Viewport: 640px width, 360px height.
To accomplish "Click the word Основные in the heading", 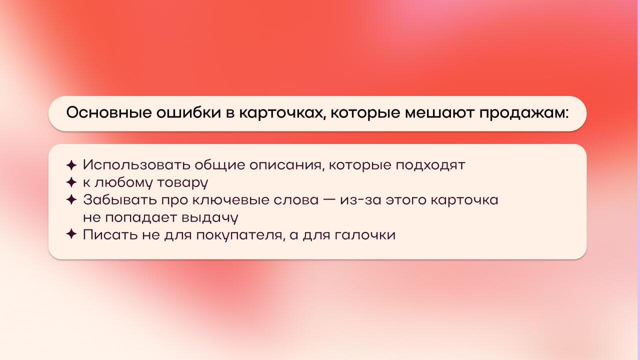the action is click(109, 112).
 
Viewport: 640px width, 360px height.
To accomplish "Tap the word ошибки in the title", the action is click(188, 112).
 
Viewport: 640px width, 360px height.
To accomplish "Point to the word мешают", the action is click(439, 113).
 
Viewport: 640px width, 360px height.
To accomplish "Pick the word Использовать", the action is click(137, 165).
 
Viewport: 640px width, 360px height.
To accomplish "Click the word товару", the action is click(183, 183).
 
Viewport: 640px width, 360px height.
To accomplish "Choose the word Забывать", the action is click(120, 199).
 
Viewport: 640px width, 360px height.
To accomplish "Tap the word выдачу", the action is click(210, 217).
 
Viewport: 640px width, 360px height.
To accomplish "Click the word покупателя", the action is click(241, 235).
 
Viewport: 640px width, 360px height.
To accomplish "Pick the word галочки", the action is click(365, 235).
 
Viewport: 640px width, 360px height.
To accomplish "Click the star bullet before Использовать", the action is click(71, 165).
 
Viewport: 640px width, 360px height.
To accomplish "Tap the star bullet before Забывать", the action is click(71, 199).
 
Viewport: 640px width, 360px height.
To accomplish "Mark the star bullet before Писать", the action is click(71, 234).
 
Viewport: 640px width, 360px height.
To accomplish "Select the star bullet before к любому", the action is click(71, 182).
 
